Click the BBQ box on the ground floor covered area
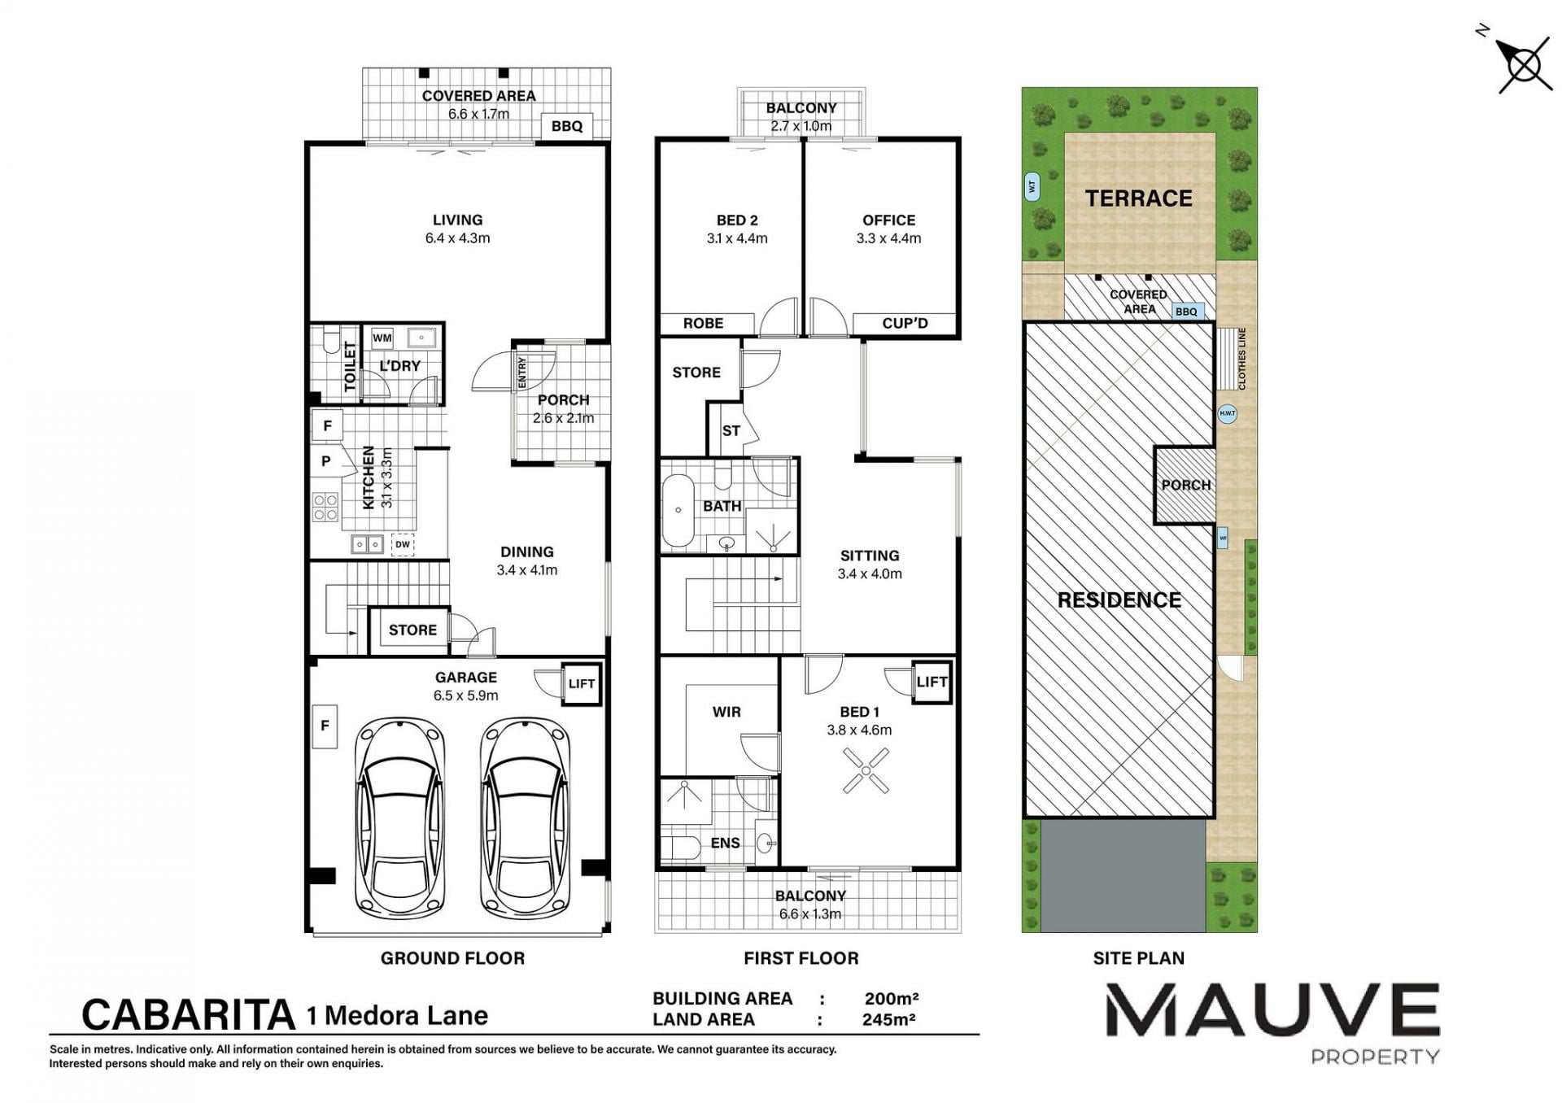tap(567, 126)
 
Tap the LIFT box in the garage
tap(582, 683)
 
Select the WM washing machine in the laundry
tap(382, 338)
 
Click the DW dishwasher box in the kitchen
tap(403, 544)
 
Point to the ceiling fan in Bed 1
tap(866, 770)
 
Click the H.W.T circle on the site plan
tap(1227, 413)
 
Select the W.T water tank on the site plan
tap(1032, 186)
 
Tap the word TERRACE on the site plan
tap(1138, 198)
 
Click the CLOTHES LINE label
tap(1241, 359)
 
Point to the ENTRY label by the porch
tap(521, 372)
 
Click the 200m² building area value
tap(891, 998)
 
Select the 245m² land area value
tap(889, 1019)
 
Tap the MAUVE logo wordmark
tap(1272, 1009)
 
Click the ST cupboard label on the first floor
tap(731, 430)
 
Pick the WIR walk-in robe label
tap(726, 712)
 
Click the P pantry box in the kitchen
tap(326, 461)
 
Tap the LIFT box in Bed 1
tap(932, 682)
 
